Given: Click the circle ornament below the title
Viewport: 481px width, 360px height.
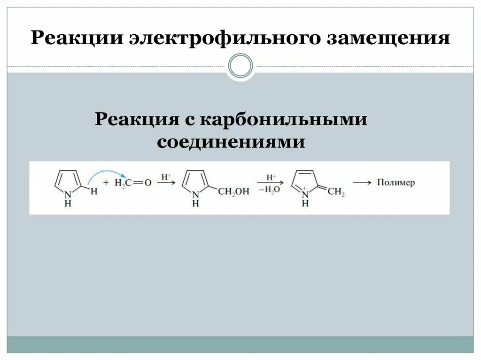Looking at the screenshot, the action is click(x=240, y=66).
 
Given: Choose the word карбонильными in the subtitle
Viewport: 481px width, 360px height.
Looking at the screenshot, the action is click(x=284, y=119).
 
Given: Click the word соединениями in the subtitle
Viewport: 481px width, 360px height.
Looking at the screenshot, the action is click(x=231, y=141).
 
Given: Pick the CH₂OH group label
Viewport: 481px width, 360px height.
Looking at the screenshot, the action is click(x=233, y=191).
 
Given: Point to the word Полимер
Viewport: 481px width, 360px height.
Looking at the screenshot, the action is click(x=396, y=183).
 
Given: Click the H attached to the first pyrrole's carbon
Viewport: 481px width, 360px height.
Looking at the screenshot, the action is click(x=94, y=191).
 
